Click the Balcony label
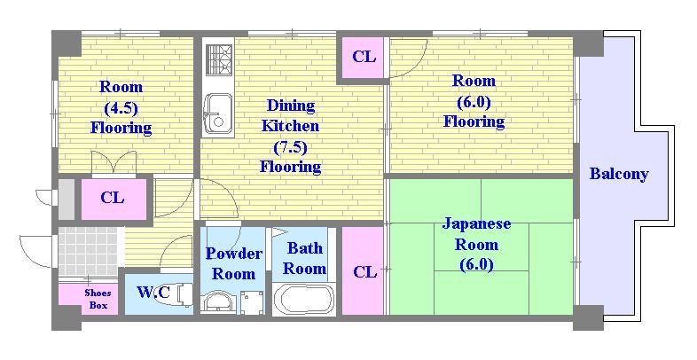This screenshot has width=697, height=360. pyautogui.click(x=618, y=174)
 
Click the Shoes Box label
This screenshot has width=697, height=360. pyautogui.click(x=98, y=299)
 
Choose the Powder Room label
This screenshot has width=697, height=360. pyautogui.click(x=234, y=263)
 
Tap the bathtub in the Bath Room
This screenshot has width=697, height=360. pyautogui.click(x=303, y=299)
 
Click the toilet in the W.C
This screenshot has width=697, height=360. pyautogui.click(x=182, y=293)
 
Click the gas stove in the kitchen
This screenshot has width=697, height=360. pyautogui.click(x=217, y=59)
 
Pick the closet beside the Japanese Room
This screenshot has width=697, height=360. pyautogui.click(x=364, y=271)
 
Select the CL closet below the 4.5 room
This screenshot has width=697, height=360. pyautogui.click(x=113, y=198)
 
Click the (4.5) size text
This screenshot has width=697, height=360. pyautogui.click(x=121, y=107)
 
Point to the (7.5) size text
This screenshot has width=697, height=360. pyautogui.click(x=290, y=146)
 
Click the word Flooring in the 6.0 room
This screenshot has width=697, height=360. pyautogui.click(x=474, y=121)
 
